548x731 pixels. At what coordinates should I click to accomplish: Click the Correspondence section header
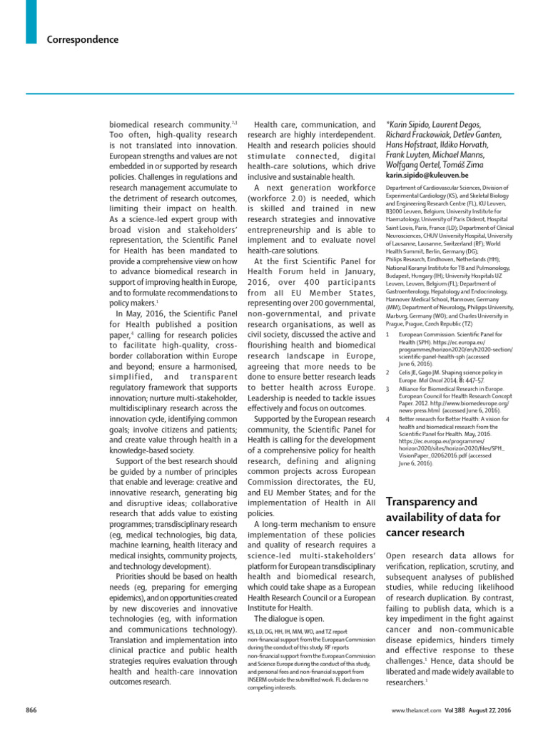83,40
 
